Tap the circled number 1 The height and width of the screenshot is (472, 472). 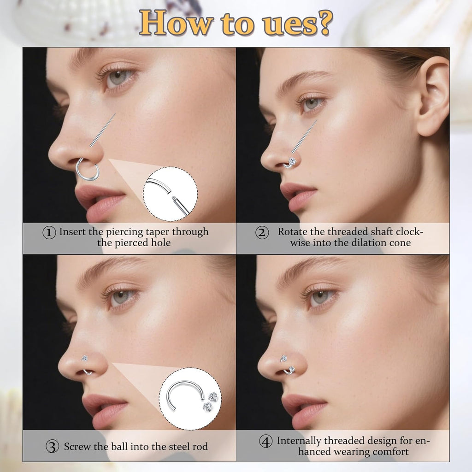tap(49, 232)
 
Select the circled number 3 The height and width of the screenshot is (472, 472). tap(52, 446)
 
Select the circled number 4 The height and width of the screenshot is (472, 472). tap(265, 442)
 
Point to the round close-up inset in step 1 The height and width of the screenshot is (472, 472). tap(170, 194)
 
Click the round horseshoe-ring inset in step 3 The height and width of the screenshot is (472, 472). tap(190, 399)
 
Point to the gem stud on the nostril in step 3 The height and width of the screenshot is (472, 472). tap(85, 358)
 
